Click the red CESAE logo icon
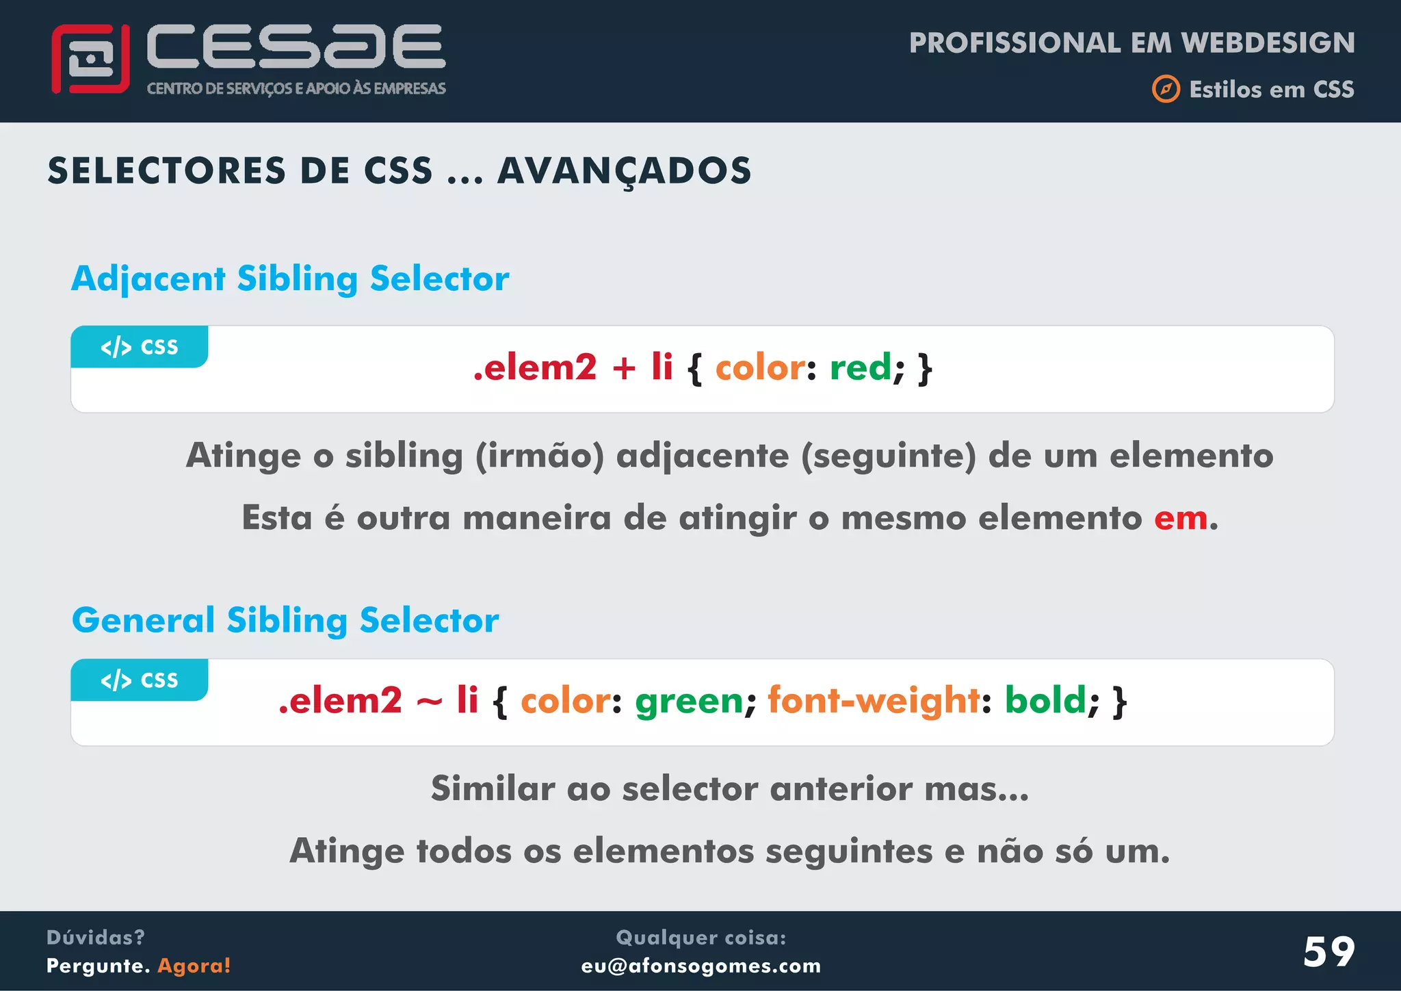point(90,60)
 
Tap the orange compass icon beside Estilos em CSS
point(1166,89)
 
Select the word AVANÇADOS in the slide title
point(624,171)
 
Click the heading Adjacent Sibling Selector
point(290,279)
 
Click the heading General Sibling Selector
point(285,620)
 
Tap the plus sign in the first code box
point(624,368)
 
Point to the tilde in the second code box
point(429,702)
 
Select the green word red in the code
point(860,368)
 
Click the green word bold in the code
point(1045,701)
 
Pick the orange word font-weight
point(874,701)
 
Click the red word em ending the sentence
point(1181,518)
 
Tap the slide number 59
point(1328,951)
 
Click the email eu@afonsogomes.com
point(700,966)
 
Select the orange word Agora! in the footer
point(194,966)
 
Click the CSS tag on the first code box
point(140,347)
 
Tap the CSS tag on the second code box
point(140,680)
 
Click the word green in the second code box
point(689,701)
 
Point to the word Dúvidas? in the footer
point(95,937)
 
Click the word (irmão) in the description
point(540,456)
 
